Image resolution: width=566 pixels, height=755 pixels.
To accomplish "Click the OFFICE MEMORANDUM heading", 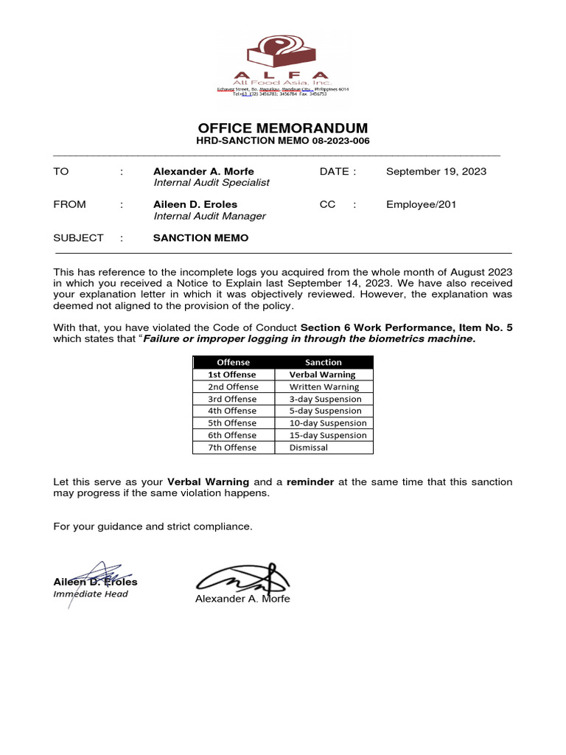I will (283, 128).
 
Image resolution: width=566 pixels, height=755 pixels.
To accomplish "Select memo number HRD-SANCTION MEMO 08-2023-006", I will (283, 141).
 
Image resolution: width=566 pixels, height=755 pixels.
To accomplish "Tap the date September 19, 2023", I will (436, 172).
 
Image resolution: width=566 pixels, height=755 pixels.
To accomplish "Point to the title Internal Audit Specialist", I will (212, 183).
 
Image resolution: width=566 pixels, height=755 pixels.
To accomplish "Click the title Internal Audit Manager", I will (209, 217).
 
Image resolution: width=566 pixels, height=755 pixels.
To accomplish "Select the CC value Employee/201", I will (421, 205).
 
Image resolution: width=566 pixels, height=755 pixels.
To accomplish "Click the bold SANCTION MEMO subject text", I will (200, 238).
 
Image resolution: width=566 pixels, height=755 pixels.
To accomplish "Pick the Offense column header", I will (234, 362).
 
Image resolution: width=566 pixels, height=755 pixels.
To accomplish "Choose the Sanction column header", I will (324, 362).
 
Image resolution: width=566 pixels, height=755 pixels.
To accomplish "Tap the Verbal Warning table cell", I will (322, 375).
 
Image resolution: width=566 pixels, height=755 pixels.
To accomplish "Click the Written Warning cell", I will (324, 386).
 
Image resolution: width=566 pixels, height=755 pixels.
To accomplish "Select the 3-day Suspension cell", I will (326, 399).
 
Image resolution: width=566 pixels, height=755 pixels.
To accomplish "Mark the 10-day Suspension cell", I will (328, 423).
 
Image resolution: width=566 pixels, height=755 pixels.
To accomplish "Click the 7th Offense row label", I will (232, 448).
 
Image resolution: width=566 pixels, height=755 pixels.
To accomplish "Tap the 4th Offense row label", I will (232, 411).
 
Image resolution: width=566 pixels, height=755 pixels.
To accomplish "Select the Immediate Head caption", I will (91, 594).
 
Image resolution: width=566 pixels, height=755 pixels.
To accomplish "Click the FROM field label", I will (69, 205).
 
